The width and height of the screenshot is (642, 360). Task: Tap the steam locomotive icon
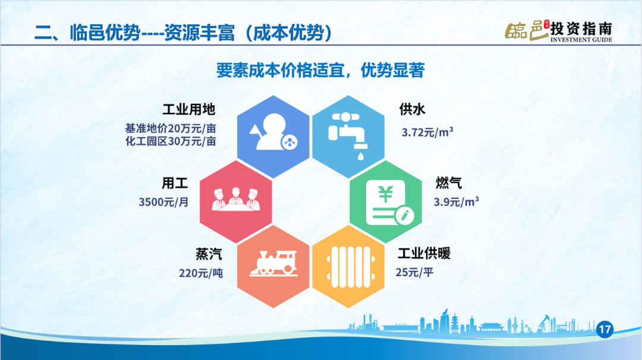coord(273,263)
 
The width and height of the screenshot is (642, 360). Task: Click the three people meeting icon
coord(235,200)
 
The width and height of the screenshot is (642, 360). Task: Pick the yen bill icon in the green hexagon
coord(389,203)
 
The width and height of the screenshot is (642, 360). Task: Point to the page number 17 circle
coord(605,329)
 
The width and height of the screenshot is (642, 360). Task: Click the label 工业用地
coord(189,109)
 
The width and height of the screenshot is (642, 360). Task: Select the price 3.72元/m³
coord(427,132)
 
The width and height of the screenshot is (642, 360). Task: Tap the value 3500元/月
coord(163,201)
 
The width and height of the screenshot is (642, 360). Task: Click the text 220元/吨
coord(201,273)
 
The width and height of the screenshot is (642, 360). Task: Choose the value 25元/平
coord(414,272)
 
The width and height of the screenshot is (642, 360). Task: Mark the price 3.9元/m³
coord(456,201)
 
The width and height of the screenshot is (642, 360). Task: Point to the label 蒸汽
coord(209,254)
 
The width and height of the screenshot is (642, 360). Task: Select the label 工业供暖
coord(424,253)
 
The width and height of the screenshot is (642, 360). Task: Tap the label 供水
coord(413,109)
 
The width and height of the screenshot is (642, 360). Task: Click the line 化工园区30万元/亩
coord(171,141)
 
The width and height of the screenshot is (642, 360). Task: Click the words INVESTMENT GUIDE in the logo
coord(581,40)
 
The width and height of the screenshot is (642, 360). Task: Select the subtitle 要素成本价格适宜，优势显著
coord(320,70)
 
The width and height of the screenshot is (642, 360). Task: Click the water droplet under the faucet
coord(361,156)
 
